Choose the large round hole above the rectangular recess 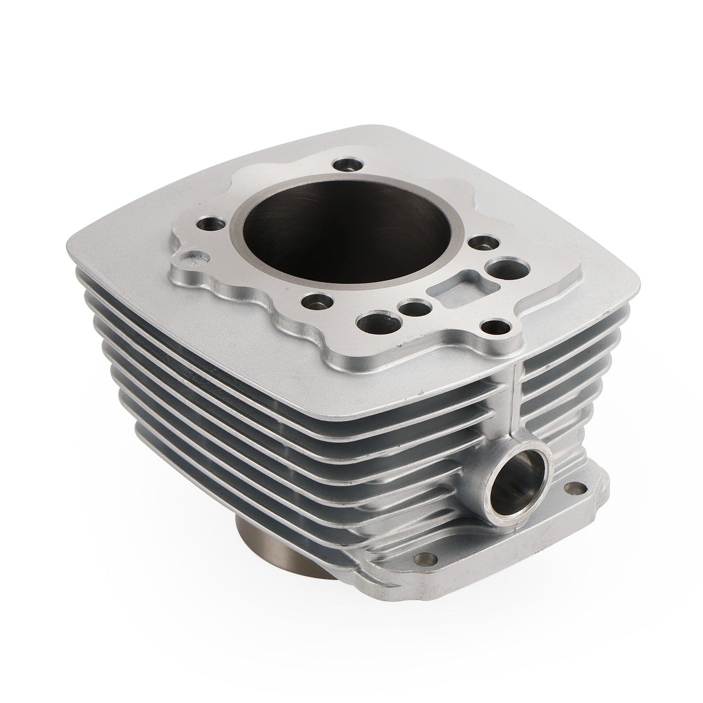[503, 267]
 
